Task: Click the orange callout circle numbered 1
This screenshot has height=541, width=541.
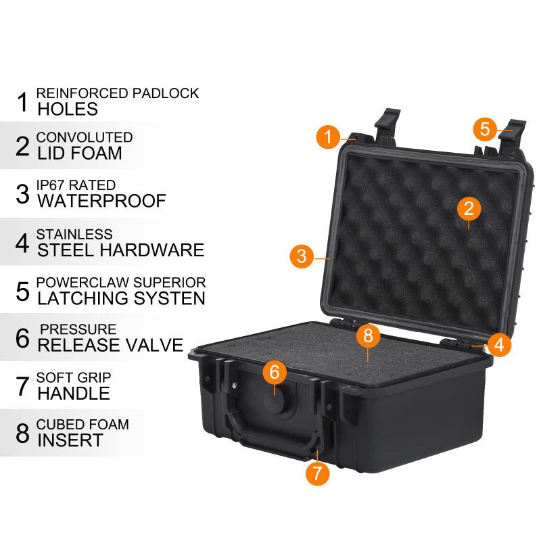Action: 328,137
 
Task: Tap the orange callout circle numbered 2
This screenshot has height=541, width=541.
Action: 469,208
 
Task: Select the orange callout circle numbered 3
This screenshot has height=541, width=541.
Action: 302,257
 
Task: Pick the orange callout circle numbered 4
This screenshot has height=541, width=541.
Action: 498,345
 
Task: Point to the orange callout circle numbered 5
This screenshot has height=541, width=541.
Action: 485,128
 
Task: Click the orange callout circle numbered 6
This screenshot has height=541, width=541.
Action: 275,372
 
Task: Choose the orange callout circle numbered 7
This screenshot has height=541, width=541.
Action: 317,473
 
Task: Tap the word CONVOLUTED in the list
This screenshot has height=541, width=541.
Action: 85,137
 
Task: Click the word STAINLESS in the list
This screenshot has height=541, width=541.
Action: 74,234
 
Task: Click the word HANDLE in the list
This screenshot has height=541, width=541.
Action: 74,393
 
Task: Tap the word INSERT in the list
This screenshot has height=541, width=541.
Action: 70,440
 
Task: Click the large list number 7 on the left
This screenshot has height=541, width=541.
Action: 22,386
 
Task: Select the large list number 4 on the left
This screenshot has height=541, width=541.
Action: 22,242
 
